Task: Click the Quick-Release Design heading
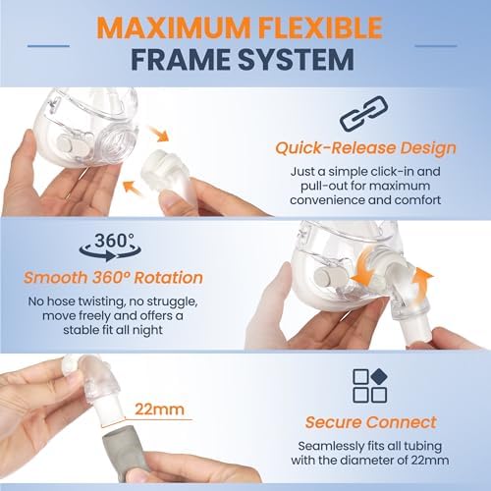tap(365, 150)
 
